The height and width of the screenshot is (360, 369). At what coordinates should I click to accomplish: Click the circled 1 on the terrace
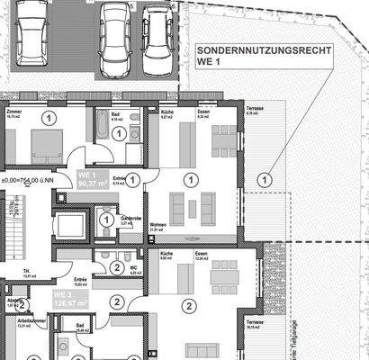click(264, 179)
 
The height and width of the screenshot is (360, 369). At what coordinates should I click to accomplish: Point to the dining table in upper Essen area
click(220, 139)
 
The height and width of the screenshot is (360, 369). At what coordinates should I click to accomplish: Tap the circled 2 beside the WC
click(118, 267)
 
